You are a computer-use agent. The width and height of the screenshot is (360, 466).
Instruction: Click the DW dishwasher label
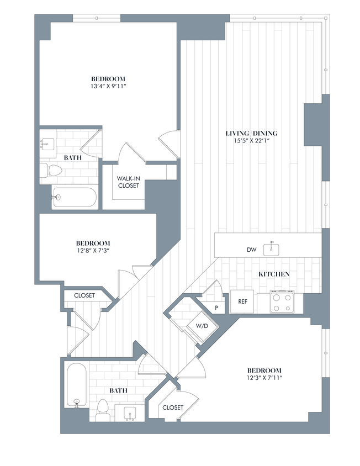coord(251,250)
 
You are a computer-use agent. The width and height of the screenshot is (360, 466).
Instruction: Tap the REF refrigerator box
coord(242,301)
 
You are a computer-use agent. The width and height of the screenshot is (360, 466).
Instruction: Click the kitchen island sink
coord(271,249)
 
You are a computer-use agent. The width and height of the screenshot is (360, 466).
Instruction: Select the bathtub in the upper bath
coord(75,198)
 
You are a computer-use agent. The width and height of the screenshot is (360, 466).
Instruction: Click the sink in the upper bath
coord(46,143)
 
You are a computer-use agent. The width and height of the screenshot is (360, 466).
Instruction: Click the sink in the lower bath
coord(130,413)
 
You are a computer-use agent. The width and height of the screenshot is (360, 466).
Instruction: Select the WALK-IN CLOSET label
coord(128,182)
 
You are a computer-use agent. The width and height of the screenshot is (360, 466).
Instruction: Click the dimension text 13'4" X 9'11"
coord(108,86)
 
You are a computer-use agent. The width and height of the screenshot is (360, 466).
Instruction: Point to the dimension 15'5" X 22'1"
coord(251,141)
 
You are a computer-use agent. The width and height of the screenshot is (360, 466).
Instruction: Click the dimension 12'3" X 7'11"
coord(264,378)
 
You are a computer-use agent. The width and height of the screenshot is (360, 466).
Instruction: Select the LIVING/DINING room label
coord(251,133)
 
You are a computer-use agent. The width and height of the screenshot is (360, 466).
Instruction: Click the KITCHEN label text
coord(274,274)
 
